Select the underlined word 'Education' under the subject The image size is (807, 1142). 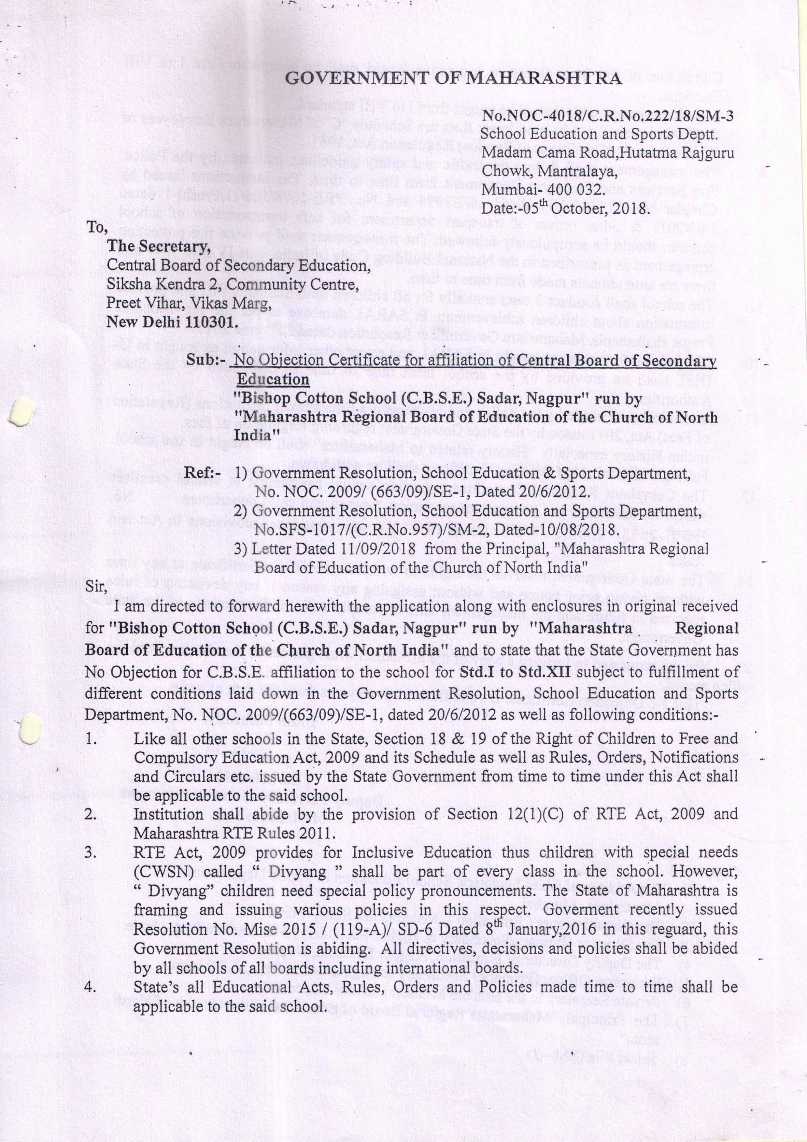pyautogui.click(x=273, y=379)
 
